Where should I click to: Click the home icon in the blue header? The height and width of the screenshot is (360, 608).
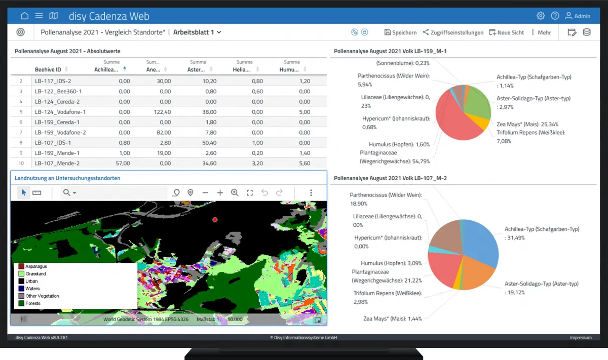(x=25, y=16)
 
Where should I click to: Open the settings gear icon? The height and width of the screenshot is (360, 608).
(x=541, y=16)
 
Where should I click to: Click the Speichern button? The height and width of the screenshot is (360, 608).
(x=400, y=32)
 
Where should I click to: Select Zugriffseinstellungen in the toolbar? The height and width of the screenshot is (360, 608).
(x=453, y=32)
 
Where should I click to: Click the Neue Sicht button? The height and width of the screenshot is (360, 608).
(x=506, y=32)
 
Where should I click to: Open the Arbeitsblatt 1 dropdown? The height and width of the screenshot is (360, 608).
(x=197, y=32)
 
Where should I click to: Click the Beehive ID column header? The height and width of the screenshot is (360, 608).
(x=48, y=69)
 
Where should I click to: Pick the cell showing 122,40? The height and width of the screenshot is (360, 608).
(x=162, y=112)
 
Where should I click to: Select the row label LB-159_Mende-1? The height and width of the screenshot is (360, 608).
(x=57, y=153)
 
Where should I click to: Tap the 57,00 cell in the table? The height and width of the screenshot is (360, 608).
(x=123, y=163)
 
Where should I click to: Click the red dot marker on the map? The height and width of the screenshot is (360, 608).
(x=215, y=219)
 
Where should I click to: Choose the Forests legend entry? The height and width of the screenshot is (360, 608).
(x=29, y=303)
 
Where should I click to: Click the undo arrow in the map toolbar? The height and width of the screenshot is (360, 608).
(x=264, y=192)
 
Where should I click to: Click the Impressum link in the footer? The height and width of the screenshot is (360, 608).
(x=581, y=338)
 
